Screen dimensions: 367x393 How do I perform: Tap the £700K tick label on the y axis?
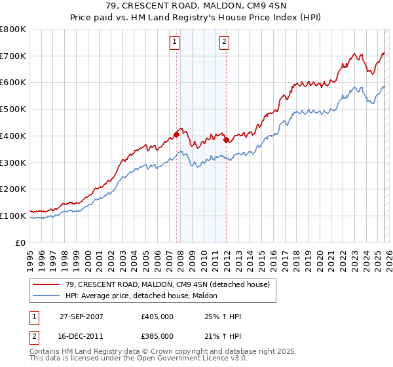coord(13,56)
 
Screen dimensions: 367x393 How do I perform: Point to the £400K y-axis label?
coord(13,136)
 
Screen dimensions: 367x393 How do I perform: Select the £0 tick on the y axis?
coord(20,242)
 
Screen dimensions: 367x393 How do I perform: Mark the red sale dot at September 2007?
coord(177,134)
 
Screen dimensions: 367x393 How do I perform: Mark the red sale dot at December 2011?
coord(226,140)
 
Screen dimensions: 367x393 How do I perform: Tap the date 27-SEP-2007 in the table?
coord(81,317)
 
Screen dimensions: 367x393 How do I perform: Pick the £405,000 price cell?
coord(157,317)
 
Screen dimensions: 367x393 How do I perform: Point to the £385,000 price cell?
coord(157,336)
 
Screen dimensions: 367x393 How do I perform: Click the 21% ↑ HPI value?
coord(223,336)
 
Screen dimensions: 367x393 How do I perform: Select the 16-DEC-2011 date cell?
coord(81,336)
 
